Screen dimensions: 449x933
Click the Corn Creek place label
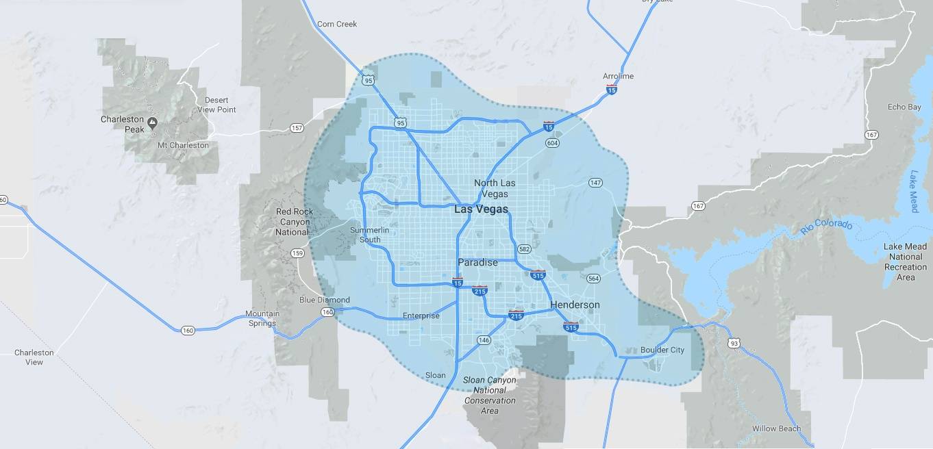pos(337,24)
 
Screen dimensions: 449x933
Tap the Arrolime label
pos(618,76)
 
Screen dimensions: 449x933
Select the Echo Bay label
pos(904,107)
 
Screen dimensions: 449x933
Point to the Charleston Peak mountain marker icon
pos(152,123)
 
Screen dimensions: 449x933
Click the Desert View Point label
pos(216,105)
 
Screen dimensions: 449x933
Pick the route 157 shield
pos(297,128)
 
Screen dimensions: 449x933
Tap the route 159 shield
pos(297,253)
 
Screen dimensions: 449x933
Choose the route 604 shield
pos(552,143)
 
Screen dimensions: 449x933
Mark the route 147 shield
pos(595,183)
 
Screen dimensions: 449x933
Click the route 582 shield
pos(525,249)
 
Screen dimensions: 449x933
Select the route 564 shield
pos(593,279)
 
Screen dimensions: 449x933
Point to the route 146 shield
pos(484,340)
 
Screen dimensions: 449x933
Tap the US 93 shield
pos(734,343)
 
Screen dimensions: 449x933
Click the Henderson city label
pos(575,305)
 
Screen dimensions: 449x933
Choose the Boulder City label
pos(662,350)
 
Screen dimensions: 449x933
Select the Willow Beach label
pos(776,428)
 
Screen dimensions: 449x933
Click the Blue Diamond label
pos(325,300)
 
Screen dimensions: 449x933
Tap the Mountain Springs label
pos(262,318)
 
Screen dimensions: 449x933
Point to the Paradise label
pos(477,262)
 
